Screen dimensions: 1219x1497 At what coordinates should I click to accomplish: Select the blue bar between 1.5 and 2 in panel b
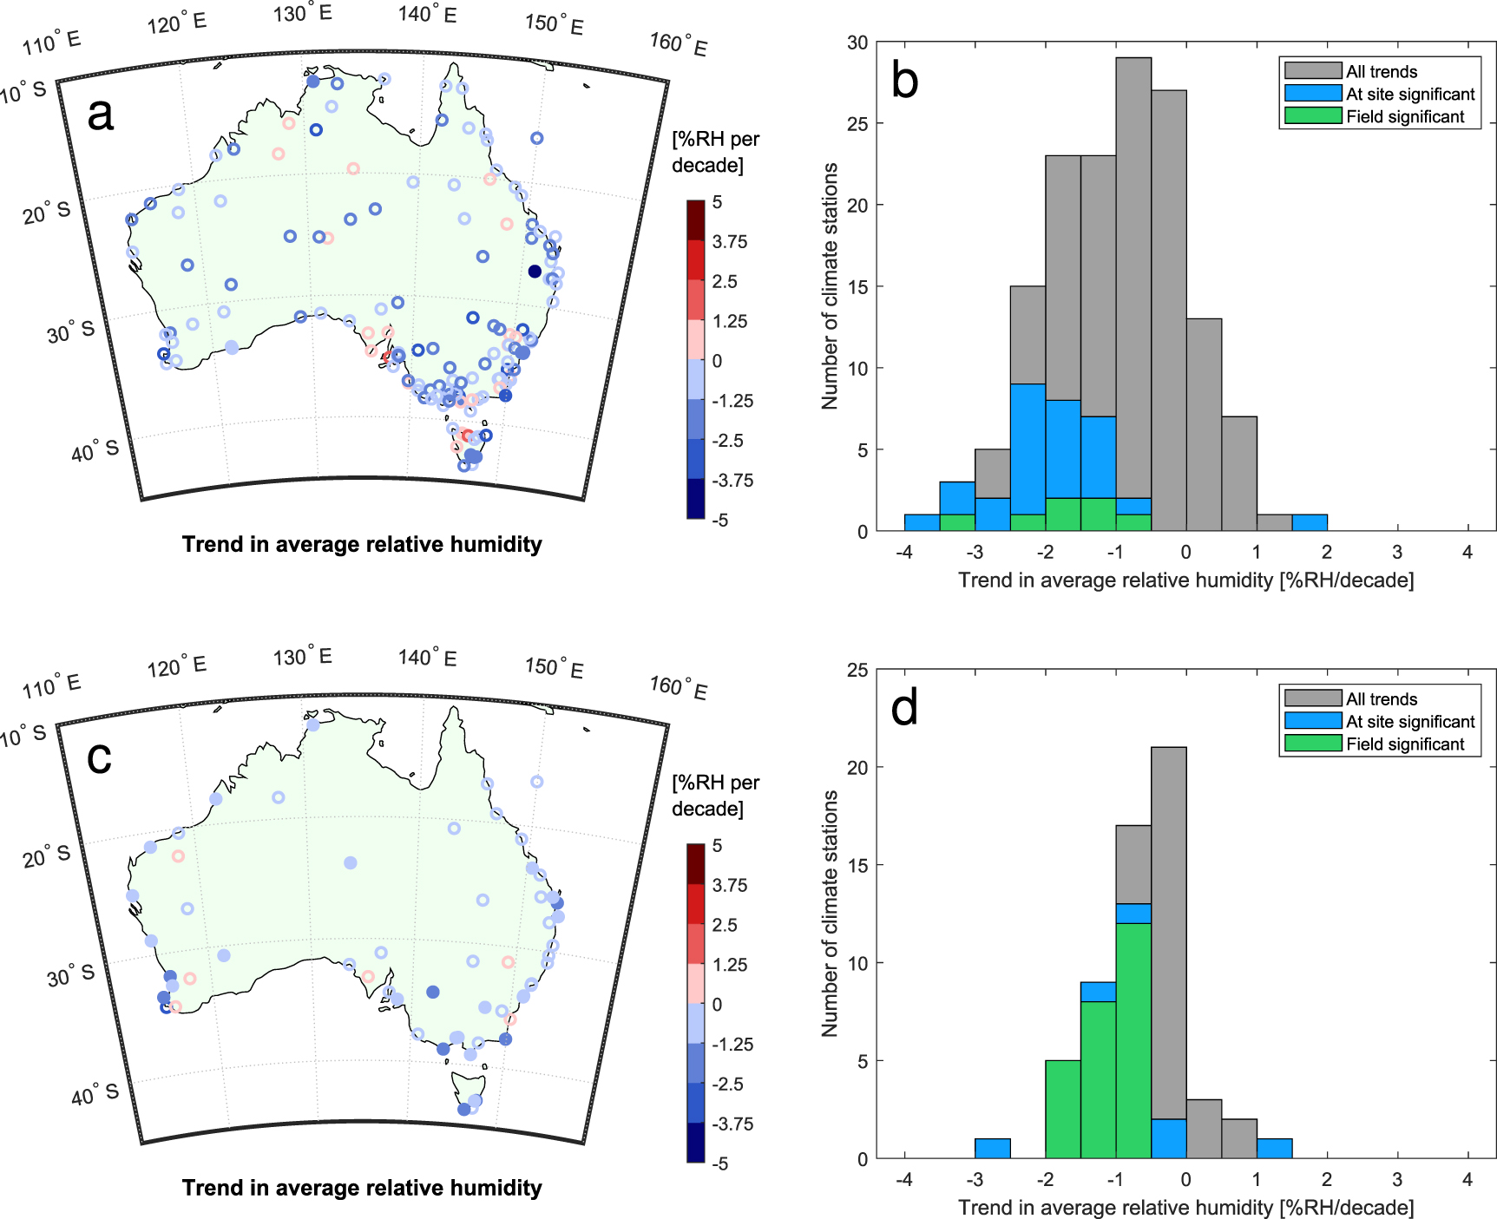pos(1310,522)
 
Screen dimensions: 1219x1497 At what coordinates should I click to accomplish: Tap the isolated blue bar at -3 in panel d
pos(992,1148)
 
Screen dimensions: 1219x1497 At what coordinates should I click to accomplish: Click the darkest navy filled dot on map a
pos(535,272)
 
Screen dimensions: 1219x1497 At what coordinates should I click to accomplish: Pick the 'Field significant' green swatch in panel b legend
pos(1313,116)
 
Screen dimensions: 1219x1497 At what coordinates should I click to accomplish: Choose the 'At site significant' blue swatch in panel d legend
pos(1313,721)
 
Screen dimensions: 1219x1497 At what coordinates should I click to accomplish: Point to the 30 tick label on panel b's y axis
pos(857,43)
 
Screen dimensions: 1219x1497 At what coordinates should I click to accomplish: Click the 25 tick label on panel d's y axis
pos(857,670)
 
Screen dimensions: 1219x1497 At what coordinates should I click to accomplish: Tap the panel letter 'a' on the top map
pos(101,114)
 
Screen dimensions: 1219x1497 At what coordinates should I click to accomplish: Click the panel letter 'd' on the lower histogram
pos(904,708)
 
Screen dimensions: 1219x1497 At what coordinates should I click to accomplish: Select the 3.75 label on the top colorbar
pos(730,242)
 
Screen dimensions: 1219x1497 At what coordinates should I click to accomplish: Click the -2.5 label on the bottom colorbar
pos(728,1085)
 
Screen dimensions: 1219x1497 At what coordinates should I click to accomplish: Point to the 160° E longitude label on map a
pos(679,44)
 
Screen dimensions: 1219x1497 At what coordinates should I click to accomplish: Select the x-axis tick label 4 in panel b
pos(1467,552)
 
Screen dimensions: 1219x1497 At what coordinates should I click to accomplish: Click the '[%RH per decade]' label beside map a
pos(715,152)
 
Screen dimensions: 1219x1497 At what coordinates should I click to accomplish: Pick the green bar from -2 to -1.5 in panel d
pos(1063,1110)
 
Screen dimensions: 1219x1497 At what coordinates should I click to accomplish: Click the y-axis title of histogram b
pos(830,286)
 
